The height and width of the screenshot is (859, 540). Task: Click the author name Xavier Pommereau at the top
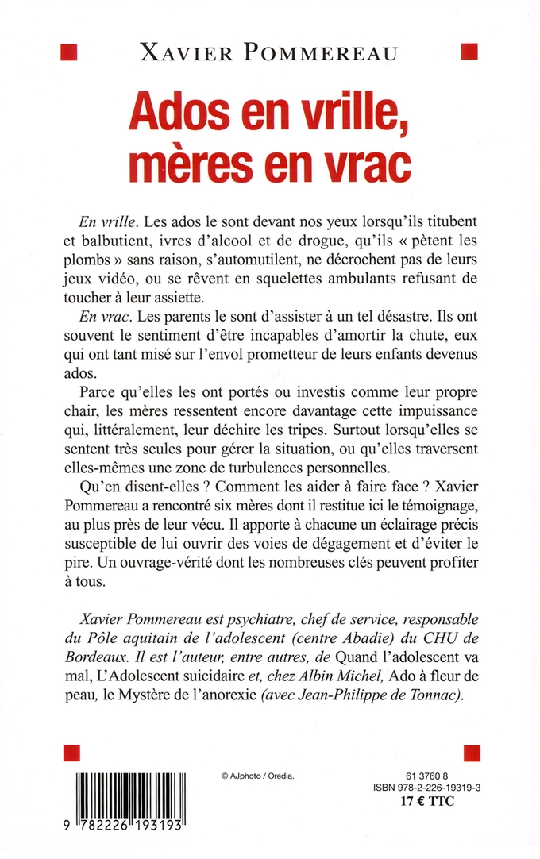tap(270, 52)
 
